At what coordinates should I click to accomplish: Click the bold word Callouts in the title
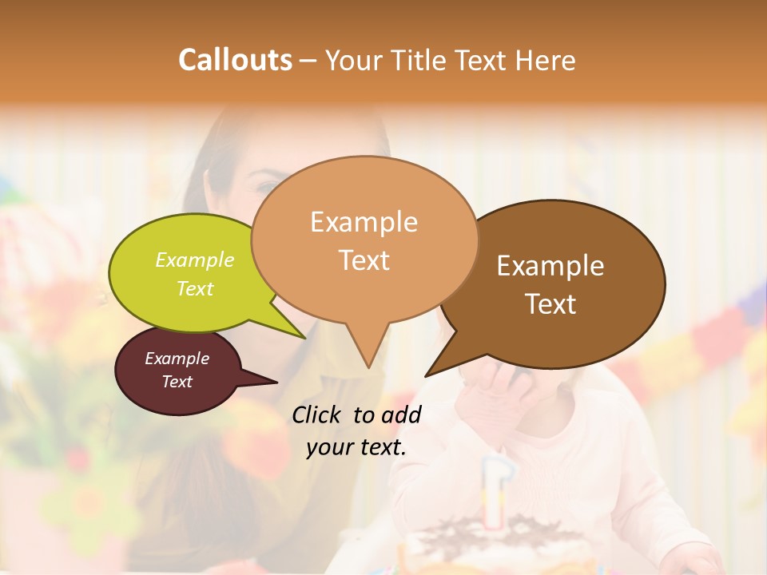235,60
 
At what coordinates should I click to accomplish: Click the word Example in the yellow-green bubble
195,260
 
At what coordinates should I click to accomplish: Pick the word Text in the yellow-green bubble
195,288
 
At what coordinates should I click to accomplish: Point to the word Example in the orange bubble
364,222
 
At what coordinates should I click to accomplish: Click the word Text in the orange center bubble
364,260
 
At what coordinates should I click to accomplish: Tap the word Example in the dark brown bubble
550,266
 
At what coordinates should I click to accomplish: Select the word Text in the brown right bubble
550,304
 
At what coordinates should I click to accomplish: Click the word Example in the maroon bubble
177,359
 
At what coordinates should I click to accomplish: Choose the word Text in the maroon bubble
177,382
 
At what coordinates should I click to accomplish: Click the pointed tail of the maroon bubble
276,383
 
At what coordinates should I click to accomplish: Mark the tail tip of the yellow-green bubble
304,337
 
